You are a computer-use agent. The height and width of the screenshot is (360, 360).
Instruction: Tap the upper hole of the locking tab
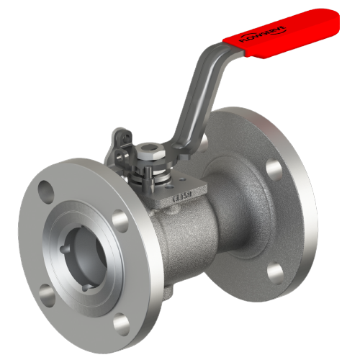click(x=122, y=135)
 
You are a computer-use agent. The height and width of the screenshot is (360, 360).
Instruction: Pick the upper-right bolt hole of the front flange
click(x=120, y=217)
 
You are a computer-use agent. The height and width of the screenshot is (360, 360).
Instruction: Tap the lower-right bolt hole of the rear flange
click(x=275, y=272)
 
